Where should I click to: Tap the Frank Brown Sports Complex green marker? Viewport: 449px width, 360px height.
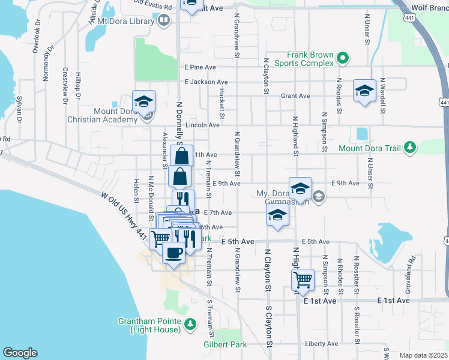tap(343, 58)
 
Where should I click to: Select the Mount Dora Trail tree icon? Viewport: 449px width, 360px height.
tap(410, 147)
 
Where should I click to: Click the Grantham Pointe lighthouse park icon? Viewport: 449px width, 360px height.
tap(190, 325)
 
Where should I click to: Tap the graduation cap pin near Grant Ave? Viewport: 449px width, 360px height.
tap(364, 91)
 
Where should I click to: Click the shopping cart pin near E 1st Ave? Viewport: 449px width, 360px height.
tap(303, 279)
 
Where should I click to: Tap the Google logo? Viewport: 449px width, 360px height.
tap(20, 353)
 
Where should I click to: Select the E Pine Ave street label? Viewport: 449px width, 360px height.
tap(200, 67)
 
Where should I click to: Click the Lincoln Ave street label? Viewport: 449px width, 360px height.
tap(203, 125)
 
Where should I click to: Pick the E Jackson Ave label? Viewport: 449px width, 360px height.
tap(206, 82)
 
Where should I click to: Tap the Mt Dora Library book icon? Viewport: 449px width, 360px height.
tap(163, 21)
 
